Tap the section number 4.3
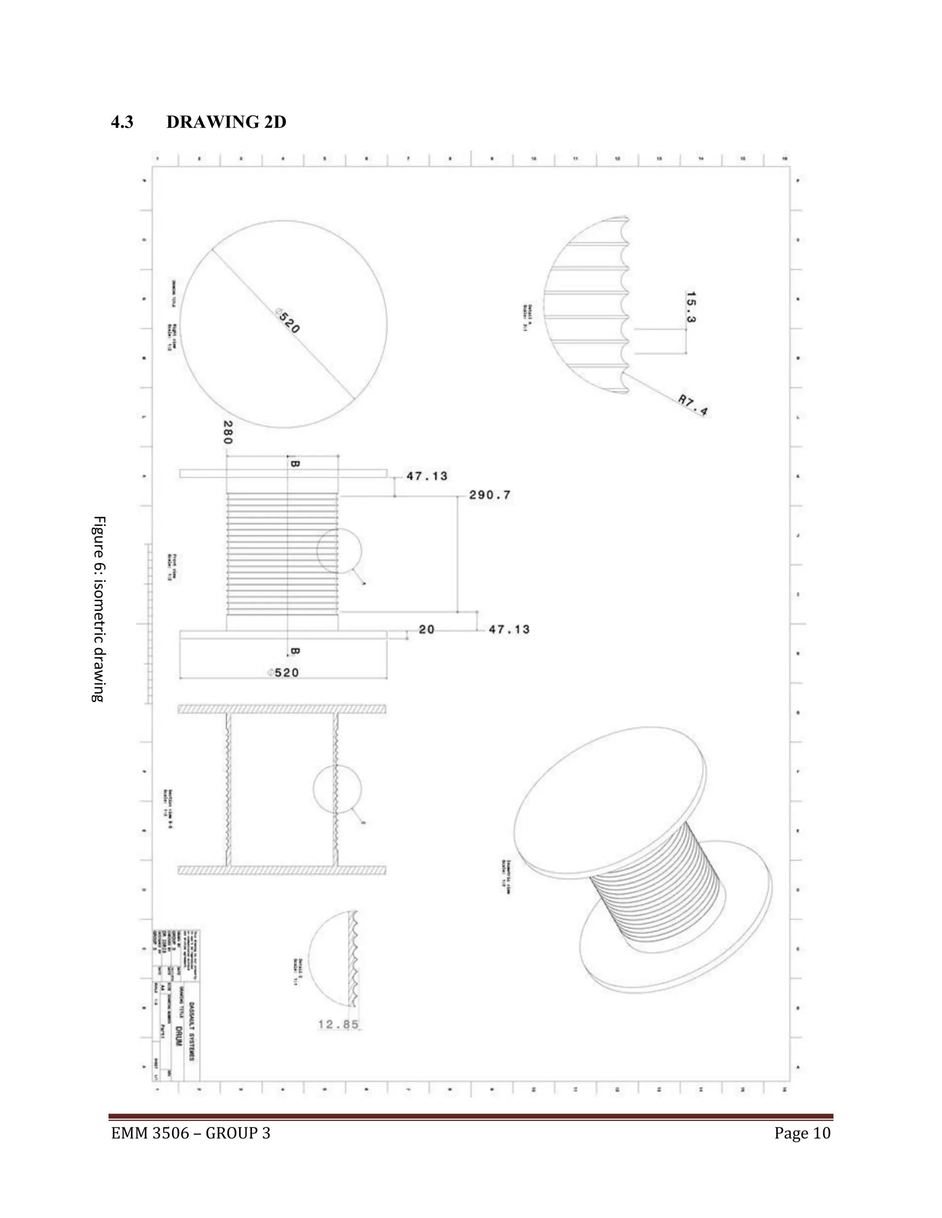click(122, 122)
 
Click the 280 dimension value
click(227, 432)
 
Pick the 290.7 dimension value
click(489, 495)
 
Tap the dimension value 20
click(426, 630)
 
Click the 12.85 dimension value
click(338, 1024)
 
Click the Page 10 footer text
click(802, 1134)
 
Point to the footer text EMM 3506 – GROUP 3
click(190, 1134)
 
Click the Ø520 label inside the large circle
click(288, 322)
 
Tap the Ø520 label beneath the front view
click(283, 672)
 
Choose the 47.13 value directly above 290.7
click(426, 476)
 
